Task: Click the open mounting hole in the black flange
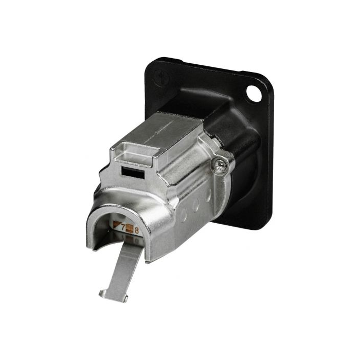(254, 94)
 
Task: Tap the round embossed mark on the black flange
(161, 77)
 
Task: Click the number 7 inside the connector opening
(123, 227)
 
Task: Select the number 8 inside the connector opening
(136, 230)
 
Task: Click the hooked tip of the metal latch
(113, 296)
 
